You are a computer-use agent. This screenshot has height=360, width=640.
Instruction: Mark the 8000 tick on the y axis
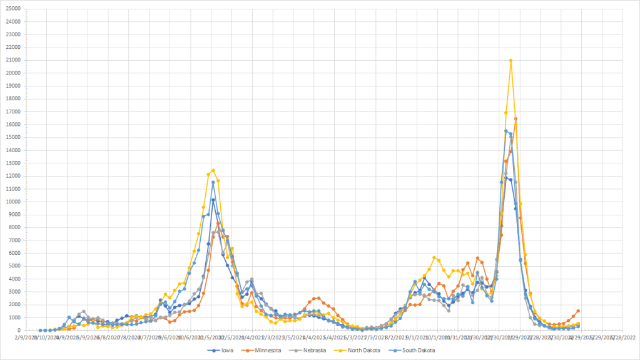pos(14,227)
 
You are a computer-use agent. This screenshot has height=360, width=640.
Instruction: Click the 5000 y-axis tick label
pos(14,266)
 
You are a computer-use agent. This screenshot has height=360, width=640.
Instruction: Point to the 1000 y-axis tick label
pos(14,317)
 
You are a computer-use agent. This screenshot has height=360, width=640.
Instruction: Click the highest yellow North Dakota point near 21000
pos(511,61)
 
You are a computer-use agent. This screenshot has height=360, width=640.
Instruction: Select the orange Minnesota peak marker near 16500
pos(516,118)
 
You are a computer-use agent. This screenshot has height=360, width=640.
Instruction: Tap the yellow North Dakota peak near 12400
pos(213,170)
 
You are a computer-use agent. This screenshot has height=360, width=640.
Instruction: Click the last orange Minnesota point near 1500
pos(578,311)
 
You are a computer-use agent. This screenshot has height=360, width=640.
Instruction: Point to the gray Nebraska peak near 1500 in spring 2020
pos(83,311)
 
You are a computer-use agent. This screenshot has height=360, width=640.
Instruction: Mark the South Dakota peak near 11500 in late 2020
pos(213,182)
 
